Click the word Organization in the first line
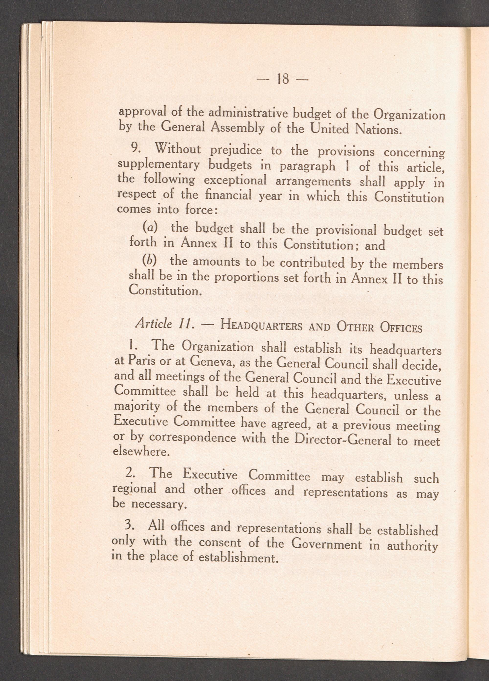click(x=409, y=116)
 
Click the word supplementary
click(x=158, y=165)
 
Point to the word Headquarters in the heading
click(x=260, y=326)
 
